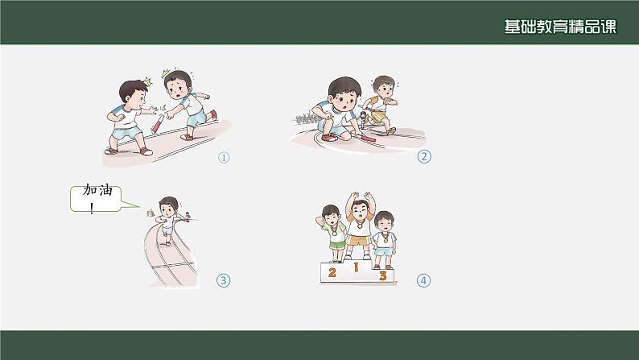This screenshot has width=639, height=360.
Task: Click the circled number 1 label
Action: (224, 157)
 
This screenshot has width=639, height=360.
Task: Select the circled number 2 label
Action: (424, 156)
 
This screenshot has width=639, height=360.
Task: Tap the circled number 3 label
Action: (223, 280)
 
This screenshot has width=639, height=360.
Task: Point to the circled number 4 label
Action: (423, 280)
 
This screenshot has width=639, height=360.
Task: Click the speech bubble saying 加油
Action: (97, 199)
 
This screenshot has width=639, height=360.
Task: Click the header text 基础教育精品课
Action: (560, 27)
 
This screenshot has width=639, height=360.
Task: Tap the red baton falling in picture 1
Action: (158, 123)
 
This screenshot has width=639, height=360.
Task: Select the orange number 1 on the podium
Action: (356, 267)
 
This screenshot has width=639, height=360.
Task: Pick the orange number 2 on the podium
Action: (332, 272)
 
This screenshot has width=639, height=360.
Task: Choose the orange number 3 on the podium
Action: (382, 275)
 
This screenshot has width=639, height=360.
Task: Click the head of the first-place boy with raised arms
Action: (360, 209)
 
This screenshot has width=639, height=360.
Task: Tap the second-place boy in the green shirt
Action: (333, 234)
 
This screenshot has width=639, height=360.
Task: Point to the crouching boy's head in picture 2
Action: (344, 93)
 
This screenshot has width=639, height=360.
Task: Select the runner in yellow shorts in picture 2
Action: (381, 105)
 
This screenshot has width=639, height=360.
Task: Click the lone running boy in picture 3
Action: (167, 220)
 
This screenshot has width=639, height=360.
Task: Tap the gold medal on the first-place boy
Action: (359, 225)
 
